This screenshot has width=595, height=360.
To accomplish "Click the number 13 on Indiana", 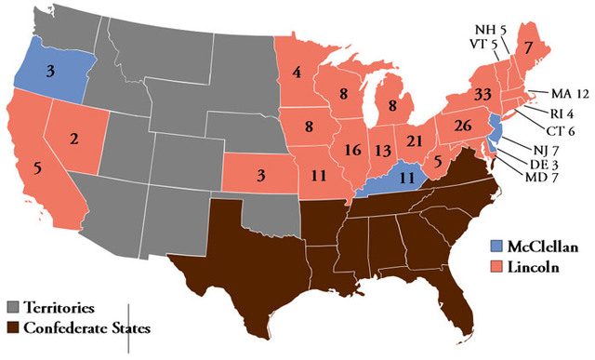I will click(380, 149).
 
